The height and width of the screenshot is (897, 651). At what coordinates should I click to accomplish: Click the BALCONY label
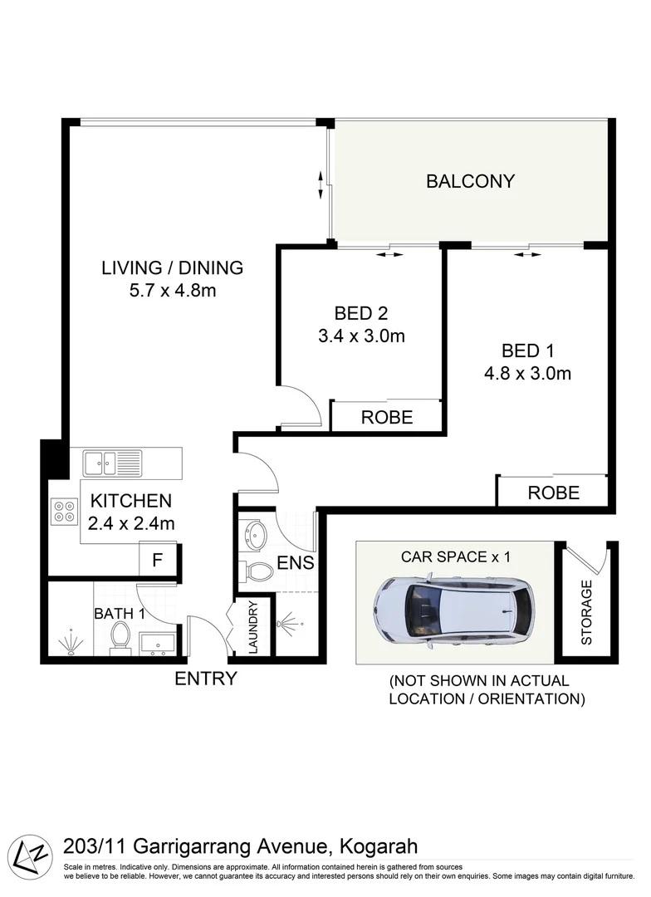pyautogui.click(x=470, y=181)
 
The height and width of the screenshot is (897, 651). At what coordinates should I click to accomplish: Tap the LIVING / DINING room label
pyautogui.click(x=172, y=267)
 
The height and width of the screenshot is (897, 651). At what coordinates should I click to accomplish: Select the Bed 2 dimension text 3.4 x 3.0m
pyautogui.click(x=361, y=336)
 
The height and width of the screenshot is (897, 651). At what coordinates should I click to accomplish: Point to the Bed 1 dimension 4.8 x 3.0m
pyautogui.click(x=527, y=373)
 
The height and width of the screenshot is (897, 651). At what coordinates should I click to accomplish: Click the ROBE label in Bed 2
pyautogui.click(x=386, y=418)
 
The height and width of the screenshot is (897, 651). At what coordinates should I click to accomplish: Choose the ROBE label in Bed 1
pyautogui.click(x=553, y=492)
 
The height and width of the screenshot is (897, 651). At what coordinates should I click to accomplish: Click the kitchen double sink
pyautogui.click(x=112, y=462)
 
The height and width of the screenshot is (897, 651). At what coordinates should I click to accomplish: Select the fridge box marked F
pyautogui.click(x=156, y=561)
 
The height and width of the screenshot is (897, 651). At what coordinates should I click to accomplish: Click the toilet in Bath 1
pyautogui.click(x=120, y=638)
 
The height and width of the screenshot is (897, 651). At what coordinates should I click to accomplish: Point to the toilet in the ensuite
pyautogui.click(x=261, y=571)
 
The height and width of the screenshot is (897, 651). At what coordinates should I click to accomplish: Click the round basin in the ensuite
pyautogui.click(x=255, y=532)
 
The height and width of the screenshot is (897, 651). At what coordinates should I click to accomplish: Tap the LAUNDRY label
pyautogui.click(x=253, y=627)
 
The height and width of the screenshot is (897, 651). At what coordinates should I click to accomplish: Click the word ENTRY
pyautogui.click(x=205, y=679)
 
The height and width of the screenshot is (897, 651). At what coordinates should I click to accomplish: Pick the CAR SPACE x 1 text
pyautogui.click(x=455, y=556)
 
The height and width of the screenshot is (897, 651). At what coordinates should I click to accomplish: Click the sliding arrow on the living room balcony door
pyautogui.click(x=321, y=185)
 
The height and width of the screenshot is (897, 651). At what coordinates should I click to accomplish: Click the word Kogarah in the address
pyautogui.click(x=378, y=846)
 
